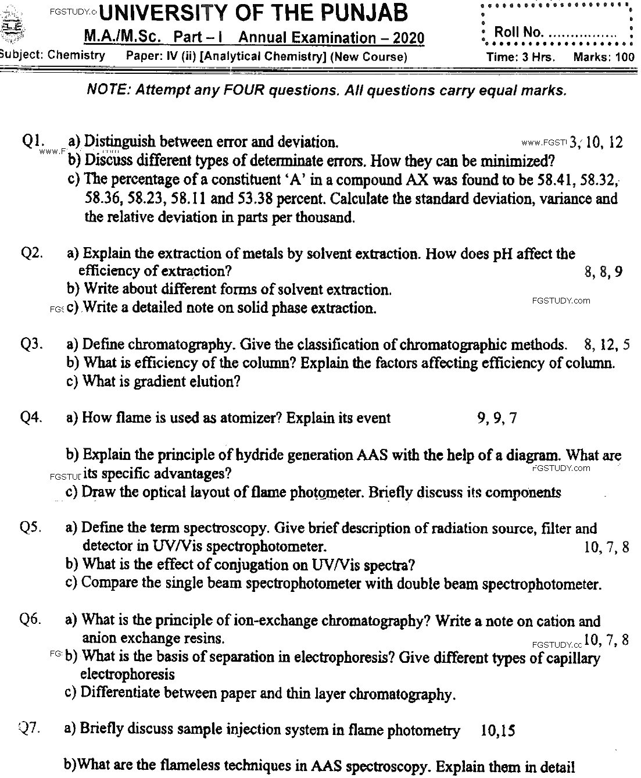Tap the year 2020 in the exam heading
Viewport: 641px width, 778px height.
[409, 38]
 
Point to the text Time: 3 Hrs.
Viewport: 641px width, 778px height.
[521, 57]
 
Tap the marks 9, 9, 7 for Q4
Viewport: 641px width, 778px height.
[497, 417]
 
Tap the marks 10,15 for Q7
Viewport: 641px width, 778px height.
[498, 731]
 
